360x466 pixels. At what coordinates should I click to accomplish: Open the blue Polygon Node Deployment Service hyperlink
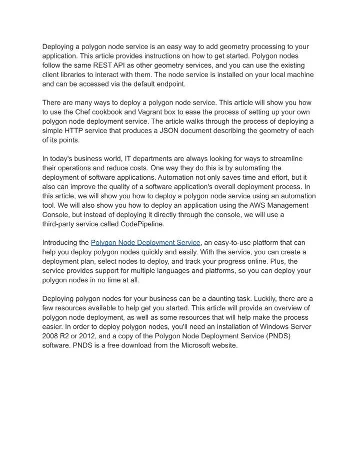[145, 243]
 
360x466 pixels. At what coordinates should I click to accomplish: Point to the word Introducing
[65, 243]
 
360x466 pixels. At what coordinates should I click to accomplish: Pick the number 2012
[89, 336]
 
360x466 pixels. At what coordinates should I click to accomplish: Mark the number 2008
[52, 336]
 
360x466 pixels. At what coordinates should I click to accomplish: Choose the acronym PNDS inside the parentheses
[279, 336]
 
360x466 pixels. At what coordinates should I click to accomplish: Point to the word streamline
[285, 159]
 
